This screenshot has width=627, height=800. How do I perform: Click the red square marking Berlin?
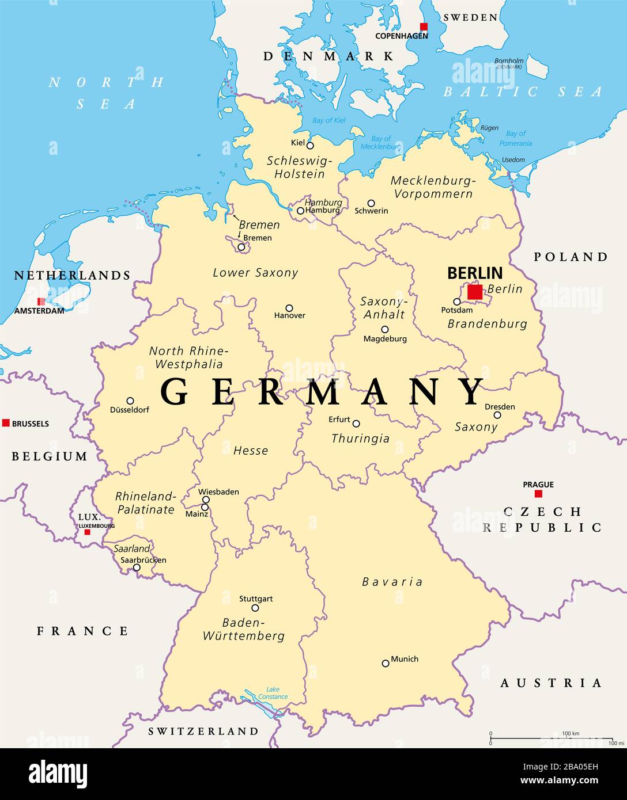click(x=475, y=292)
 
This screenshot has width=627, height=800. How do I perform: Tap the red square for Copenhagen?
click(x=424, y=26)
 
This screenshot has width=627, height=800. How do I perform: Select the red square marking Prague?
click(x=538, y=494)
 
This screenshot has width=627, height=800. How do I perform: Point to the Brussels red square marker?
click(x=6, y=423)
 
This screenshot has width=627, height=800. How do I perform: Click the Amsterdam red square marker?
click(x=41, y=302)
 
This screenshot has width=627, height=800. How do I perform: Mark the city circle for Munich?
click(x=386, y=663)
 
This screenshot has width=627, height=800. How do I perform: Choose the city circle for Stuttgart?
click(x=255, y=608)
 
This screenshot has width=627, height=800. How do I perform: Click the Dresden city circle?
click(x=497, y=415)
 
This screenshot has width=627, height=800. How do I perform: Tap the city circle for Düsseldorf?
click(x=130, y=401)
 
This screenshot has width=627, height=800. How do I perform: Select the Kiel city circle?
click(x=310, y=145)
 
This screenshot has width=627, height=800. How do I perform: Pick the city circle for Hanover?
click(x=289, y=308)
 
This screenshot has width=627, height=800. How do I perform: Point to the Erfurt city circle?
click(x=356, y=424)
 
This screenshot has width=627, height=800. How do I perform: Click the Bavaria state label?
click(x=392, y=582)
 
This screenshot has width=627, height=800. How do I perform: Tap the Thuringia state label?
click(x=360, y=439)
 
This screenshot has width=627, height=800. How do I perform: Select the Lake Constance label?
click(x=273, y=693)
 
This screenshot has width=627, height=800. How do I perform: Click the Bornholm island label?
click(x=509, y=61)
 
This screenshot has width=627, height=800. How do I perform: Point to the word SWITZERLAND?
click(x=203, y=732)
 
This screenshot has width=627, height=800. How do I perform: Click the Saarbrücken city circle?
click(x=137, y=567)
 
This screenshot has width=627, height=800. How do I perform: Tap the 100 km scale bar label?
click(x=570, y=733)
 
